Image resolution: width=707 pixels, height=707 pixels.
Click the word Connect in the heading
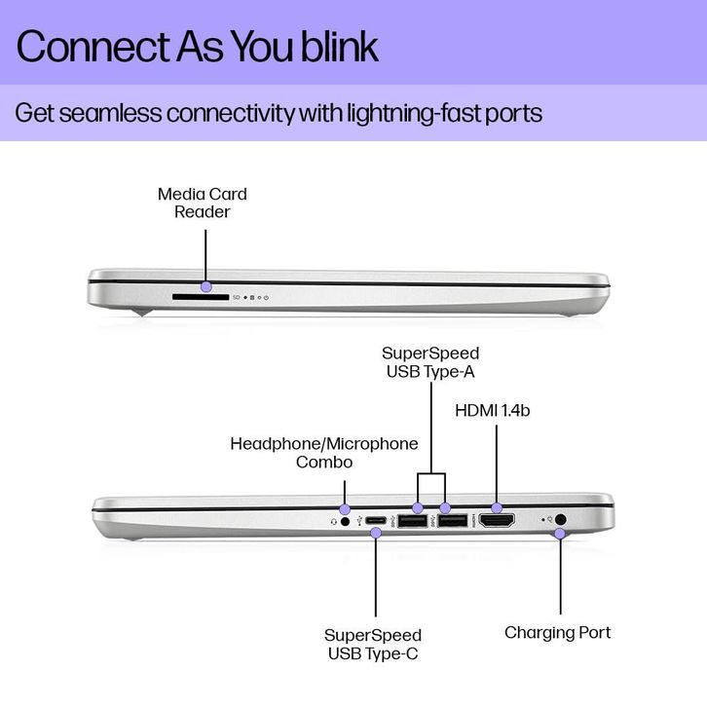(79, 47)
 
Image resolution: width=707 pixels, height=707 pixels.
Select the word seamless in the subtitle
(111, 112)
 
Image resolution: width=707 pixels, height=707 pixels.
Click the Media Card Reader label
(203, 203)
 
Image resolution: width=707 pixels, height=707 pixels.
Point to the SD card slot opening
(200, 293)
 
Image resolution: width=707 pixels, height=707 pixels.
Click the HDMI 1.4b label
(493, 410)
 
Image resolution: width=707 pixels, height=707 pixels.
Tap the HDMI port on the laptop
(498, 522)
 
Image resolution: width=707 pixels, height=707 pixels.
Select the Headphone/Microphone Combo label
(324, 453)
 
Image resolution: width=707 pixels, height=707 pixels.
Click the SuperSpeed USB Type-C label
(373, 644)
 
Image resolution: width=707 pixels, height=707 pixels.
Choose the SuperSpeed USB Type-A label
(430, 362)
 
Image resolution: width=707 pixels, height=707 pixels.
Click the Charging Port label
(557, 633)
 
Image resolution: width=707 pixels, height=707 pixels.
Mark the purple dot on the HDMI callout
(498, 507)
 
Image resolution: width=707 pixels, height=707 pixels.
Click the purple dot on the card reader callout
(206, 286)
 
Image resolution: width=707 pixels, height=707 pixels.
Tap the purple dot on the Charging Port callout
(560, 534)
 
